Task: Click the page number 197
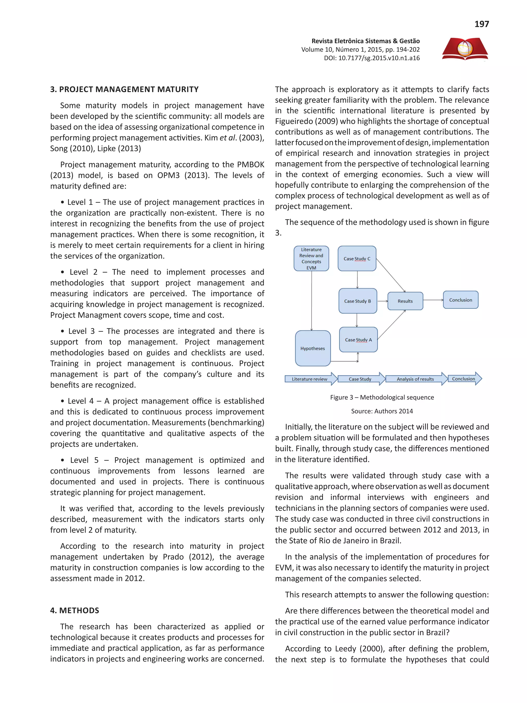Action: [481, 24]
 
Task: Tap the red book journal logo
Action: [465, 49]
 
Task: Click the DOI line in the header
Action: [371, 58]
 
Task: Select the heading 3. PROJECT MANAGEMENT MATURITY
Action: [124, 89]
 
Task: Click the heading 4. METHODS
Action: [75, 611]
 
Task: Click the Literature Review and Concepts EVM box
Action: [311, 259]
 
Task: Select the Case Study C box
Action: [357, 259]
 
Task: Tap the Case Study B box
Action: [357, 301]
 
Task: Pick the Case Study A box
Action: [358, 340]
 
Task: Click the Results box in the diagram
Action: [405, 301]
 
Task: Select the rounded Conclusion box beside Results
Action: [460, 300]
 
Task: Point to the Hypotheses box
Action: [313, 348]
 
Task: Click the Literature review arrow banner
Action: [310, 379]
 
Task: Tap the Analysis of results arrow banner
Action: [415, 379]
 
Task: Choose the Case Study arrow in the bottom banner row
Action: [360, 379]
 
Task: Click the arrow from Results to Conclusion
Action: [433, 300]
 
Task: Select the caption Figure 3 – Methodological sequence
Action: [382, 397]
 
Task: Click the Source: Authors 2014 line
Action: [382, 411]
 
